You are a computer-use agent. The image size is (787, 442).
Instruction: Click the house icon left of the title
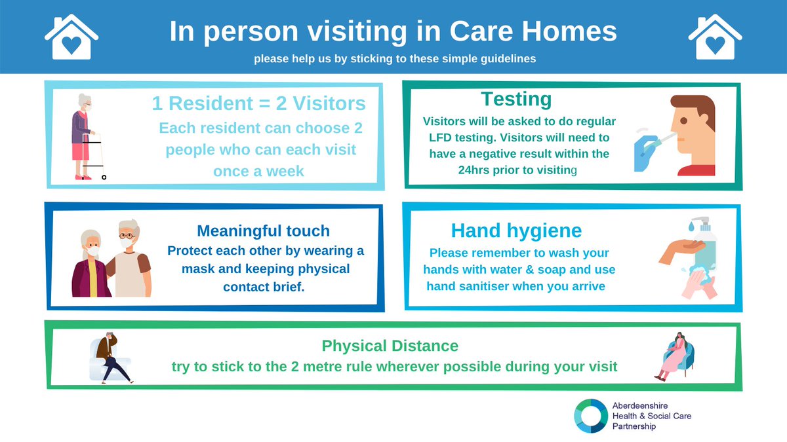click(x=71, y=37)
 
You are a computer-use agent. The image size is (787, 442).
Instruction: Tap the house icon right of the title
click(x=715, y=37)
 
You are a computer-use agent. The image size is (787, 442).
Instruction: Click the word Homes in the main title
click(x=569, y=31)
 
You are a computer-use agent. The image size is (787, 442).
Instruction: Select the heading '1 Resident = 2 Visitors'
click(x=258, y=103)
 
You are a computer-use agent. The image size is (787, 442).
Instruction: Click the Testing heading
click(x=516, y=100)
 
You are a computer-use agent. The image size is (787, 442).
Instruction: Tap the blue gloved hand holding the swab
click(x=645, y=153)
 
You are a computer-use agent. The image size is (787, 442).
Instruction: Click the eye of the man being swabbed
click(x=683, y=120)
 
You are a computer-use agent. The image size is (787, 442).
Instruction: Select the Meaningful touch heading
click(x=263, y=231)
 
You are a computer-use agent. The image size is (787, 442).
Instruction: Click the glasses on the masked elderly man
click(x=127, y=236)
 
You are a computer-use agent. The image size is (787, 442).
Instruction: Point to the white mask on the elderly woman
click(x=93, y=251)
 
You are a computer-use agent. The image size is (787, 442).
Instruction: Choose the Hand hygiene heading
click(x=516, y=230)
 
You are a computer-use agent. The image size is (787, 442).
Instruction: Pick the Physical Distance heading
click(x=390, y=346)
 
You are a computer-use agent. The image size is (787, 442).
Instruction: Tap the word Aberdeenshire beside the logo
click(x=640, y=406)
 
